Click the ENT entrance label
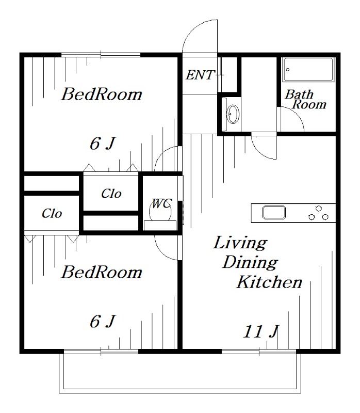[201, 75]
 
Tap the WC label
[162, 203]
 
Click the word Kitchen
[269, 282]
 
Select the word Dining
[250, 263]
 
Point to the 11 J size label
[261, 331]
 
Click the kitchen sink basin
[274, 212]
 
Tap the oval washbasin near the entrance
[233, 114]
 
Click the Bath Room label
[305, 99]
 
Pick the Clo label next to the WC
[111, 194]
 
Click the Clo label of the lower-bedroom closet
[52, 213]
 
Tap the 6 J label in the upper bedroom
[103, 144]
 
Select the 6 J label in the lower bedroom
[103, 322]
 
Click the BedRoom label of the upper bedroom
[102, 94]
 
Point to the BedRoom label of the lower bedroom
[102, 272]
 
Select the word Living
[240, 243]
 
